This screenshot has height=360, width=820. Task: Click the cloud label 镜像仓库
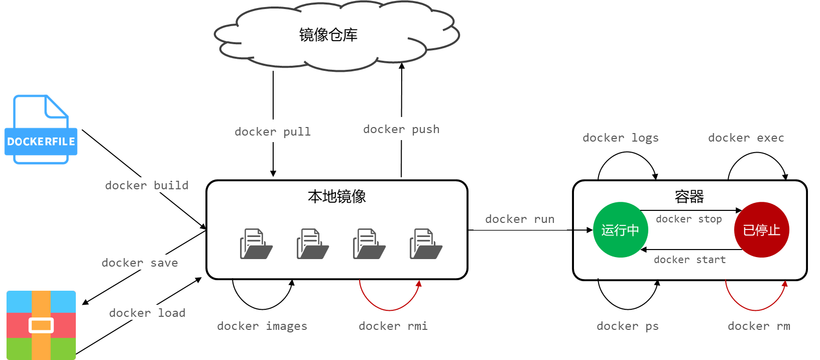pos(328,35)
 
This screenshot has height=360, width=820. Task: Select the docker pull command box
pos(273,131)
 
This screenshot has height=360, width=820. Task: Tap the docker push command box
pos(401,129)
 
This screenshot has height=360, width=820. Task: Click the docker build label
pos(147,185)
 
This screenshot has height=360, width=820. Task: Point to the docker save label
pos(140,262)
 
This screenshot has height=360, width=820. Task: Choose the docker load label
pos(147,312)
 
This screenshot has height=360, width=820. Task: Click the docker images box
pos(262,325)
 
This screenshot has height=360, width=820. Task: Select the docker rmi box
pos(393,325)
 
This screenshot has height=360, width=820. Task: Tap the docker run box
pos(520,218)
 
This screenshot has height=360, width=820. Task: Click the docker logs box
pos(620,137)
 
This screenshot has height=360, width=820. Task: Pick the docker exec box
pos(746,137)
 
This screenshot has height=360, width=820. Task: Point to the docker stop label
pos(691,219)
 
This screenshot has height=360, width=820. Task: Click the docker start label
pos(693,260)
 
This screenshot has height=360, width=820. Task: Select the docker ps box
pos(628,325)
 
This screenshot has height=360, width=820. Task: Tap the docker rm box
pos(759,325)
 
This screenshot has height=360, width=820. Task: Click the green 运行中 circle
pos(621,230)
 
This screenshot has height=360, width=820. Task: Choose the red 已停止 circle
pos(761,230)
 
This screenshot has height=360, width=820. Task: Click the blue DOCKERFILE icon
pos(41,130)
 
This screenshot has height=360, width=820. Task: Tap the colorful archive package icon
pos(41,325)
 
